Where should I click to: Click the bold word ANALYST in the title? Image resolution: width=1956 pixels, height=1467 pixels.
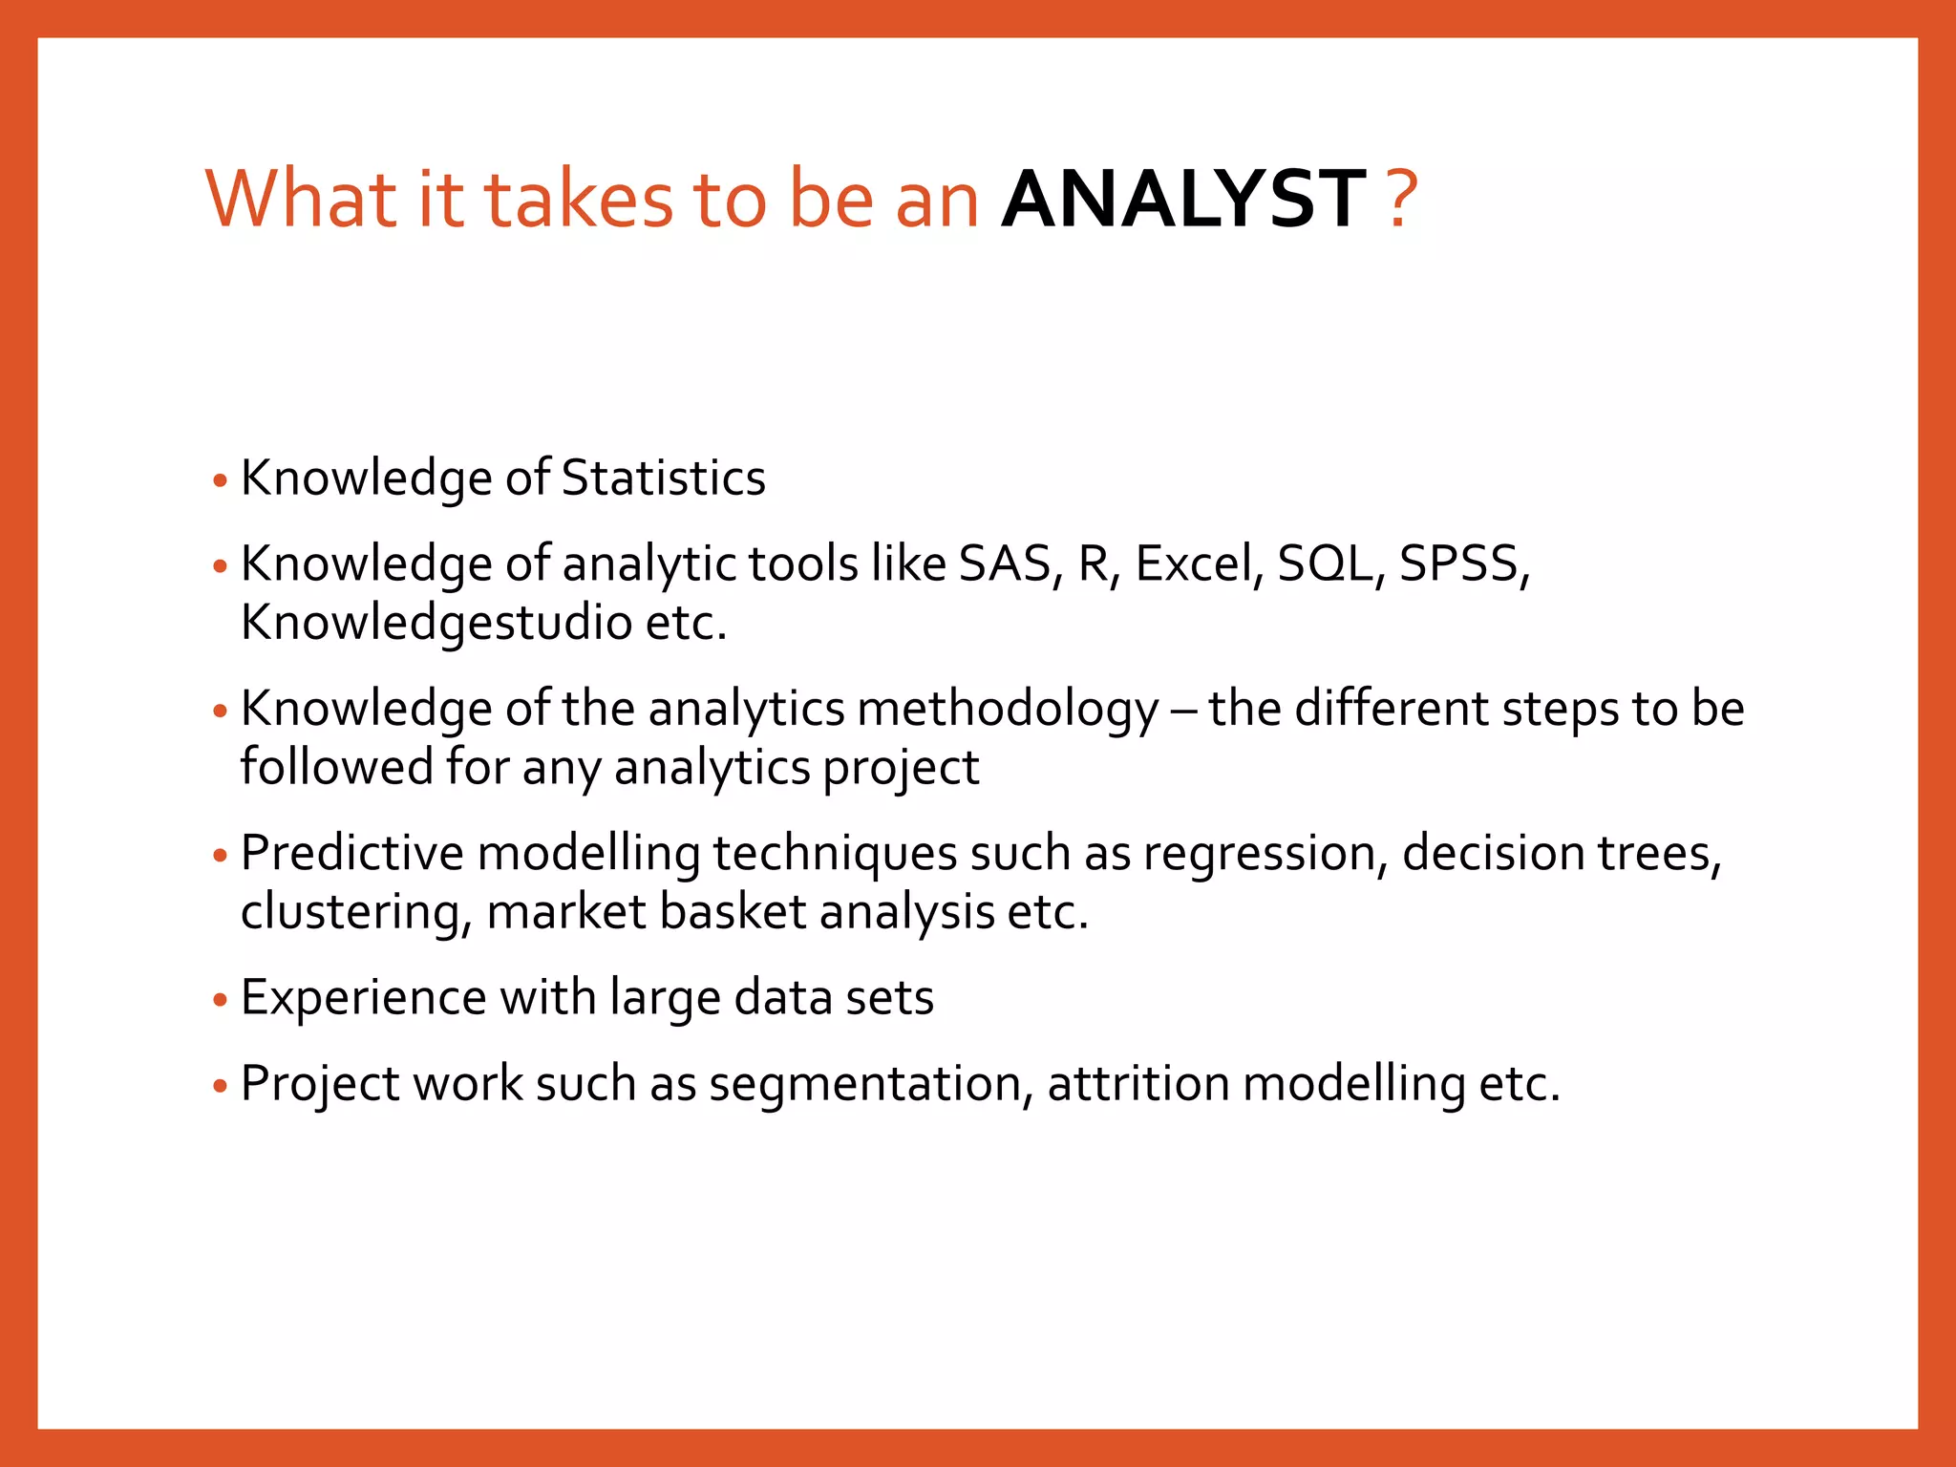pos(1183,200)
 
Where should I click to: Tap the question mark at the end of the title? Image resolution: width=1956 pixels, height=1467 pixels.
pos(1401,200)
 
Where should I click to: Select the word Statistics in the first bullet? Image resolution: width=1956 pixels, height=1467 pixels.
pos(663,478)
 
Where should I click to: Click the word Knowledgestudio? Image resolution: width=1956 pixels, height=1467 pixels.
pos(436,623)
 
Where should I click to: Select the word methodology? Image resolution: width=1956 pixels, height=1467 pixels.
pos(1008,710)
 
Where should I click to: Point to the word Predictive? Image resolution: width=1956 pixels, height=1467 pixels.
pos(351,853)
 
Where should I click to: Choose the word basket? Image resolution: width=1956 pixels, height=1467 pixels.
pos(732,911)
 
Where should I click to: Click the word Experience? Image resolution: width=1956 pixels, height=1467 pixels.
pos(364,998)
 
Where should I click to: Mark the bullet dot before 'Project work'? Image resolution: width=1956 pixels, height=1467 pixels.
pos(221,1086)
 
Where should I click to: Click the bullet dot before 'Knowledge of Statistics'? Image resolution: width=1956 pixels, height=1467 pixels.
pos(221,479)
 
